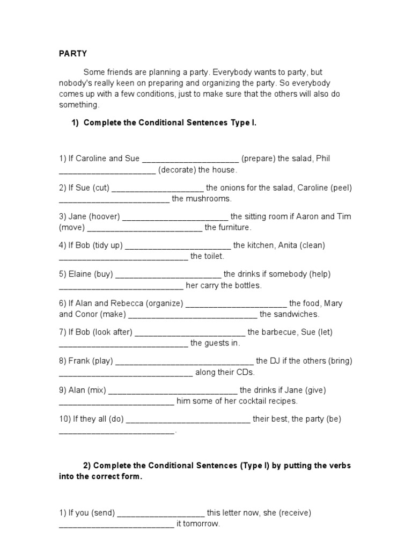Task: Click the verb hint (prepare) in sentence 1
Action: point(258,158)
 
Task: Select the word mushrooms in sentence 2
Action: point(210,199)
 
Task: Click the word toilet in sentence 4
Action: point(214,257)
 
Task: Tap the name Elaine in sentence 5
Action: point(80,274)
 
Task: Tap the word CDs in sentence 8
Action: point(245,372)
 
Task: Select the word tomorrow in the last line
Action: point(202,524)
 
